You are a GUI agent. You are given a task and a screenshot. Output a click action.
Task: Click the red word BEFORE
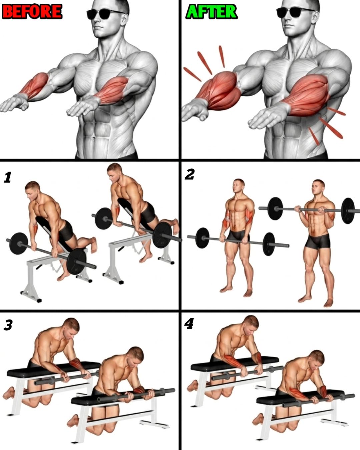[32, 12]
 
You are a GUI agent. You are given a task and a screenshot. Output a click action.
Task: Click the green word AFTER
[211, 12]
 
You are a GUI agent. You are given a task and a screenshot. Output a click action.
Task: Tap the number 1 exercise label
[8, 178]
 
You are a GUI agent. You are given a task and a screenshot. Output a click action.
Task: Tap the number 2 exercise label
[190, 175]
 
